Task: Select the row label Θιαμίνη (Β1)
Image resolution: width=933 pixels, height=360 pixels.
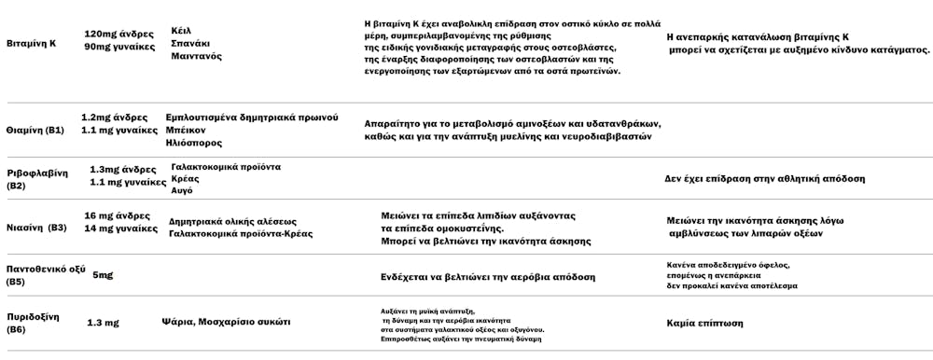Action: tap(35, 130)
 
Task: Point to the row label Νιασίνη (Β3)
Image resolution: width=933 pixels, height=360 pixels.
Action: tap(36, 227)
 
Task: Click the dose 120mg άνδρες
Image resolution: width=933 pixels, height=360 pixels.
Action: tap(118, 32)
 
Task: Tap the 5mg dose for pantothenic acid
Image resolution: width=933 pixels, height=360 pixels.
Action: tap(103, 275)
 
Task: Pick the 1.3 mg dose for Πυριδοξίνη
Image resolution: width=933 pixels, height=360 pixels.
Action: tap(103, 323)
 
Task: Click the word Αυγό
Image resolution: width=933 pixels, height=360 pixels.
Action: tap(183, 189)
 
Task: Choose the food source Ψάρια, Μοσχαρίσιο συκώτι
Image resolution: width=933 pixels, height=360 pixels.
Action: tap(225, 322)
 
